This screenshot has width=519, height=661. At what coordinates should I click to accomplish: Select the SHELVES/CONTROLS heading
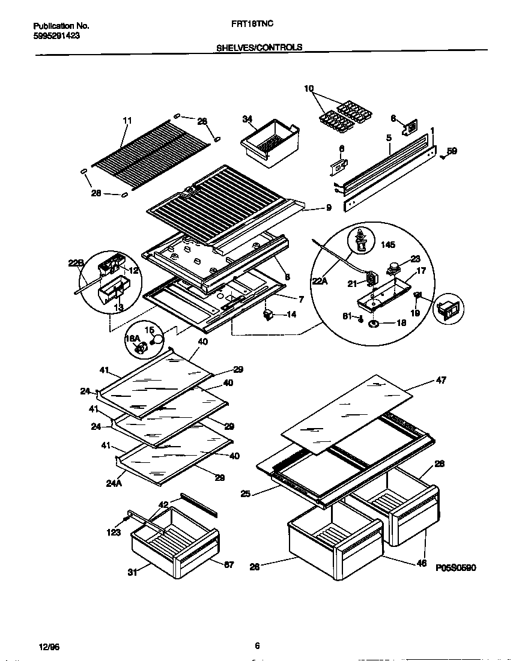tap(259, 47)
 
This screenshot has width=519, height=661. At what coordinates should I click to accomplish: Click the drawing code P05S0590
tap(455, 567)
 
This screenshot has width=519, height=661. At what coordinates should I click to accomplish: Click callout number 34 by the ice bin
tap(247, 118)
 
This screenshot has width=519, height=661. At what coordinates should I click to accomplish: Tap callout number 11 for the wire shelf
tap(127, 120)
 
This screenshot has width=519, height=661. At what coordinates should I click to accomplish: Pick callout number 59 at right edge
tap(452, 151)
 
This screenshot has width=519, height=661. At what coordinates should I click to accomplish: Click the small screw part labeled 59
tap(443, 157)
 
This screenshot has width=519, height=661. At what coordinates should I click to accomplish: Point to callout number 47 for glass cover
tap(442, 380)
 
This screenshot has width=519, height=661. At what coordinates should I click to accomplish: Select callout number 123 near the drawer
tap(114, 532)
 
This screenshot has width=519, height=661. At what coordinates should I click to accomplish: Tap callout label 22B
tap(76, 263)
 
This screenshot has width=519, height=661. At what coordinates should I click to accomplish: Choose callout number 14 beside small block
tap(291, 313)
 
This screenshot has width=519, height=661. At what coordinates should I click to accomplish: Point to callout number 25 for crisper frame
tap(246, 493)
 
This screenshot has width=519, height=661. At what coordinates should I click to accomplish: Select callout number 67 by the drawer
tap(228, 564)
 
